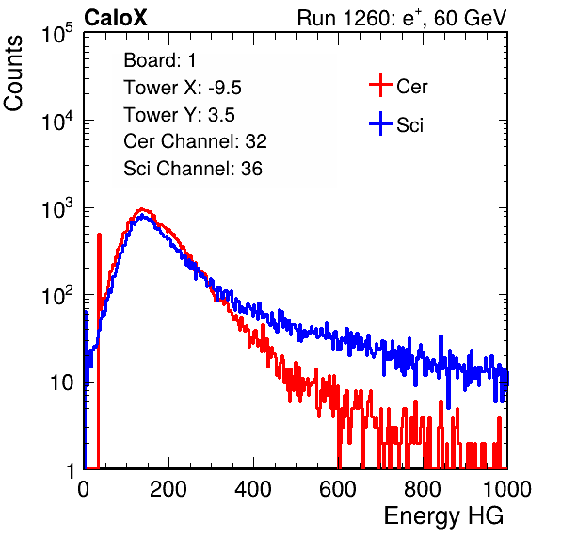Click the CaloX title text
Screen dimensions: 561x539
[116, 18]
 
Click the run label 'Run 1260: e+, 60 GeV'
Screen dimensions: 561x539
[402, 18]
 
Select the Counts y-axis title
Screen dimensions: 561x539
[13, 73]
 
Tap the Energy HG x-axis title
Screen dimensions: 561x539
[443, 515]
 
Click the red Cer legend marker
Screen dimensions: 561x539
[380, 85]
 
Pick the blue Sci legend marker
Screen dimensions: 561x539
[380, 123]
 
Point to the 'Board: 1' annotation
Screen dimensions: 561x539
[160, 60]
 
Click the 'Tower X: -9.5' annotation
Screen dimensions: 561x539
[183, 88]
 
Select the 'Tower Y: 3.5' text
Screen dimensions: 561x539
[179, 115]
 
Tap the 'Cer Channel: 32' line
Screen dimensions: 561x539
[196, 141]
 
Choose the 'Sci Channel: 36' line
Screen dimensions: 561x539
[193, 169]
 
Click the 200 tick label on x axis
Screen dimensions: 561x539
[168, 489]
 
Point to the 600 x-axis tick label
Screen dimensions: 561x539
[338, 489]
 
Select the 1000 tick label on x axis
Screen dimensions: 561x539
[507, 489]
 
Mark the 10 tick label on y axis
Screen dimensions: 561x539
[61, 383]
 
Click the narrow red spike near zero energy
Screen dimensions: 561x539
[99, 351]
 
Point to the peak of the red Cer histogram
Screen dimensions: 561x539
[142, 209]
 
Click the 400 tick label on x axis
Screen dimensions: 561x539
[253, 489]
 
